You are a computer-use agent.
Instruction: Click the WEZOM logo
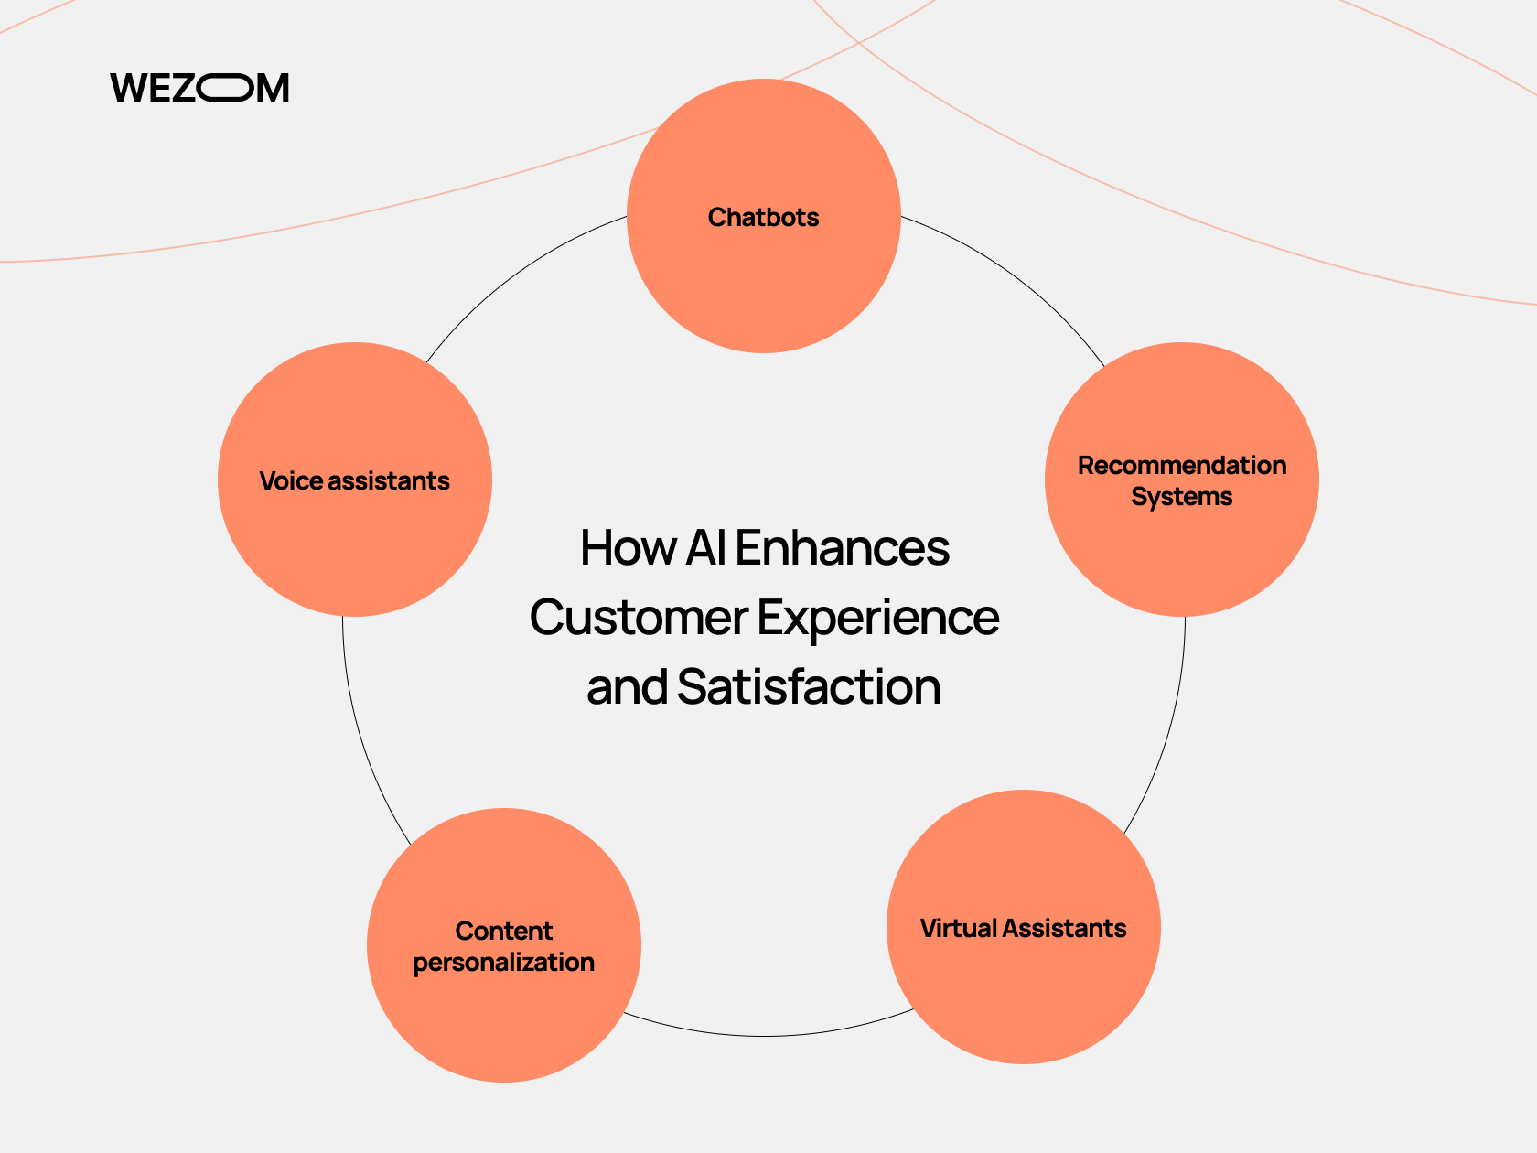199,88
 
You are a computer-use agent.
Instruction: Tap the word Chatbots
763,217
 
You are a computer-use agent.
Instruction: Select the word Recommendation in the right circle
1182,466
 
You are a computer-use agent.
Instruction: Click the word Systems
1182,497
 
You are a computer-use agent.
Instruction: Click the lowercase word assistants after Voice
389,481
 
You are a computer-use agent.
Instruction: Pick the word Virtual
959,928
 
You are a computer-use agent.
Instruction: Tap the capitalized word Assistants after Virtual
1064,928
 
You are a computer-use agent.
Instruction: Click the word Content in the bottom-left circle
504,931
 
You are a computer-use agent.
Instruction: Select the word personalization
504,963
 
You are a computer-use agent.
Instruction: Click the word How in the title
629,547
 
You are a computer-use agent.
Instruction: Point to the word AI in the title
705,547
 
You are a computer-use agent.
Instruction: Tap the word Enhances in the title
843,547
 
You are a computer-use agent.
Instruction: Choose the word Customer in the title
639,619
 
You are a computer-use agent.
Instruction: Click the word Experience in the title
878,619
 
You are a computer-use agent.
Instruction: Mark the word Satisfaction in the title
809,686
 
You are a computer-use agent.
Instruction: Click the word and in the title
627,686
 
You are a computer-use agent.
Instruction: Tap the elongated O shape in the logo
225,88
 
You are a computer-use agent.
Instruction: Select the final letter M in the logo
273,88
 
